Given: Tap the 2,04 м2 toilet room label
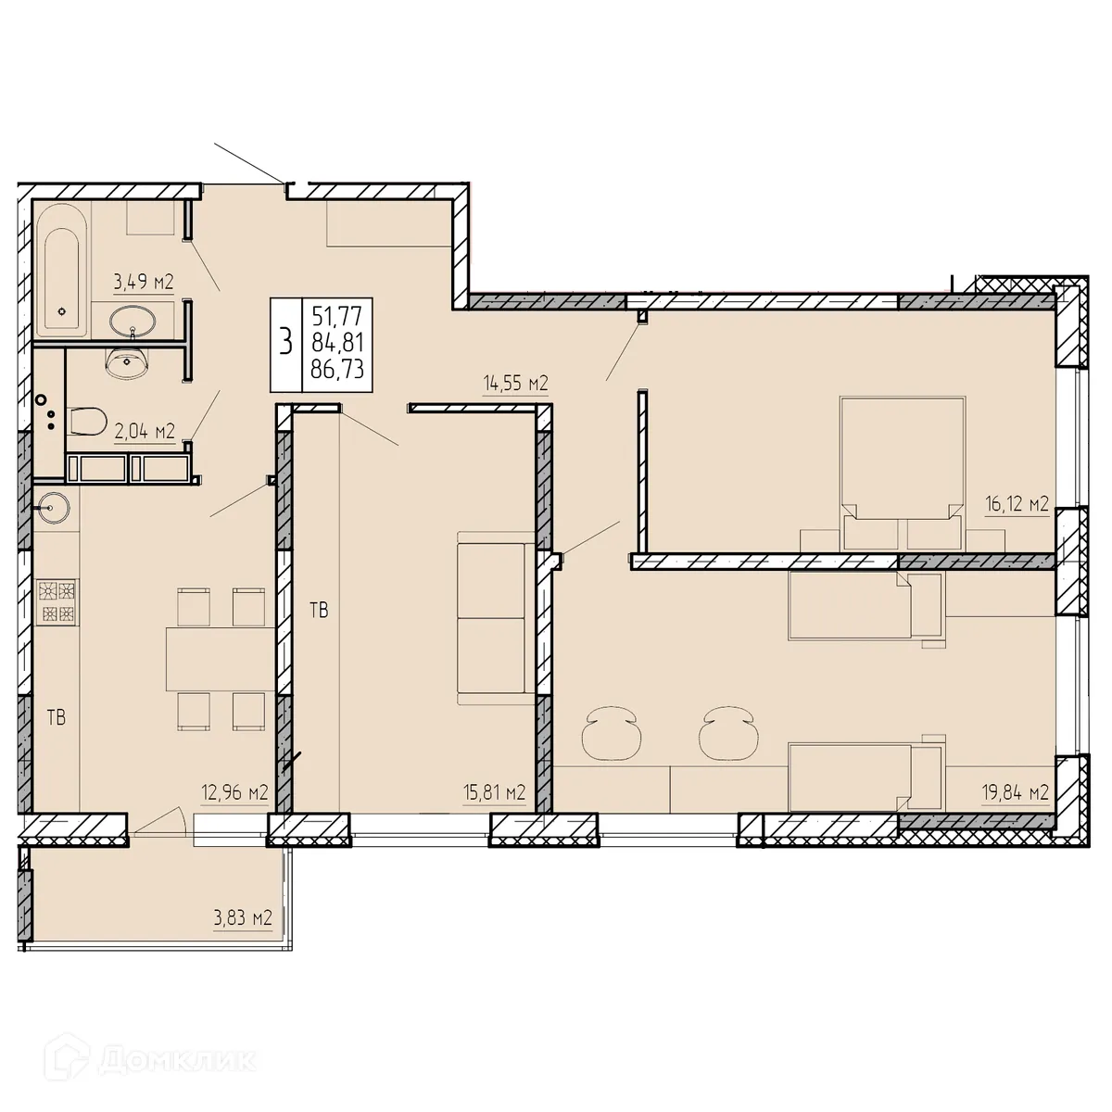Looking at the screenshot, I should click(144, 432).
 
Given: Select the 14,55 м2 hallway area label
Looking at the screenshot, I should click(516, 383).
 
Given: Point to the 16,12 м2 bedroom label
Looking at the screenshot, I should click(1016, 504).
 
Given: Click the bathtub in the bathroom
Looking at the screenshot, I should click(64, 270).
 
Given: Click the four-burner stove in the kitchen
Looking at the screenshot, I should click(57, 600).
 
